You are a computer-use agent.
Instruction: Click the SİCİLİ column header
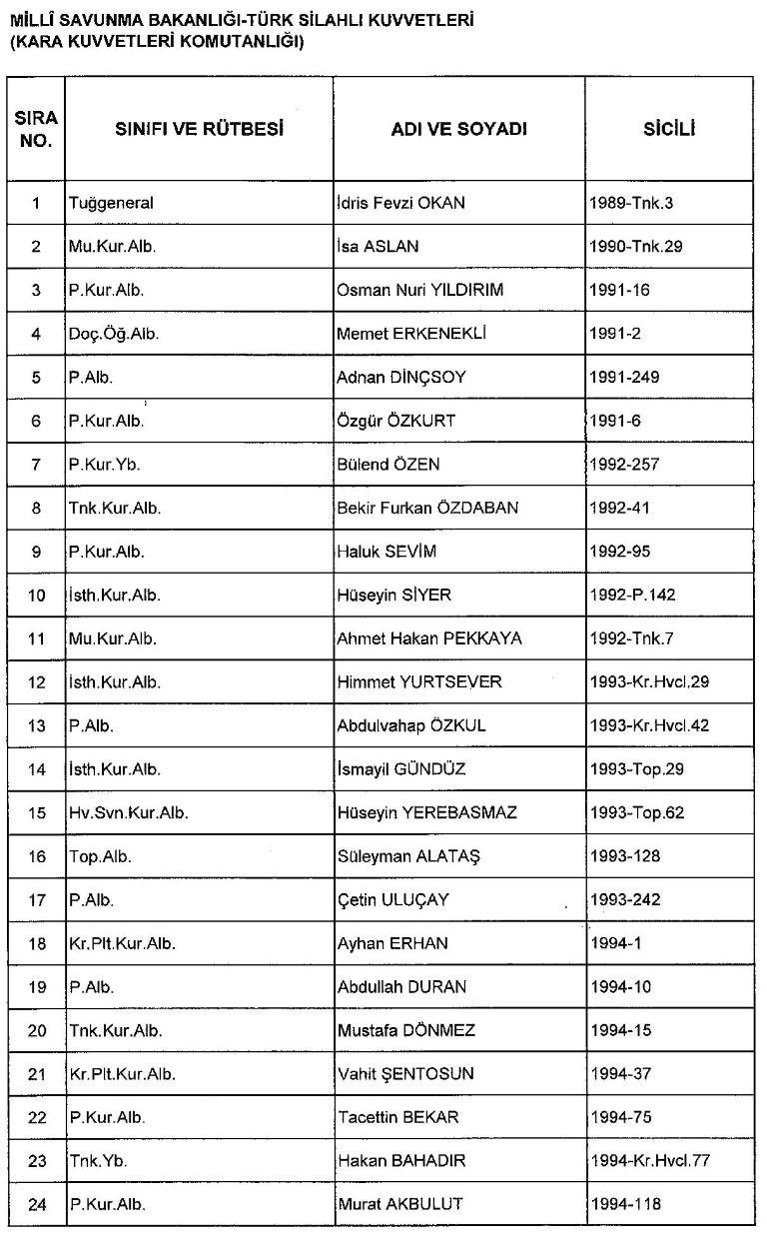click(x=669, y=129)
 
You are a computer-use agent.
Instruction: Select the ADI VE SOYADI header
click(x=458, y=129)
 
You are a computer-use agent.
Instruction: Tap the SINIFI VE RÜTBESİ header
click(x=199, y=129)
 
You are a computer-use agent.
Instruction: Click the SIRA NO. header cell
click(x=36, y=129)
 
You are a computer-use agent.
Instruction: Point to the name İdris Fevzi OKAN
click(x=401, y=203)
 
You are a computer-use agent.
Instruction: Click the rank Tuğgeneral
click(x=111, y=203)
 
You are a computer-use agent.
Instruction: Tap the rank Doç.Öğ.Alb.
click(x=114, y=334)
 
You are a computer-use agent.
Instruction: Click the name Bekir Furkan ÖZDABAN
click(x=427, y=508)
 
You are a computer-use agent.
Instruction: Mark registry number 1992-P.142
click(x=633, y=595)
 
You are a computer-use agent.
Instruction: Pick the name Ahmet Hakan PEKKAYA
click(x=429, y=638)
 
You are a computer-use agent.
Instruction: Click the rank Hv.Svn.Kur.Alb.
click(x=129, y=812)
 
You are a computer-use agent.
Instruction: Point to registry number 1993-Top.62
click(x=637, y=812)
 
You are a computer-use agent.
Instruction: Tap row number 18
click(x=36, y=943)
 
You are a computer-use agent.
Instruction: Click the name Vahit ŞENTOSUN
click(x=405, y=1074)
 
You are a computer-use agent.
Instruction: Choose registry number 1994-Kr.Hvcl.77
click(x=650, y=1161)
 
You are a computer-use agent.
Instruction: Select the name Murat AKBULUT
click(x=399, y=1204)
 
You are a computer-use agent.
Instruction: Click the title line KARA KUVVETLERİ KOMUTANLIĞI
click(x=156, y=43)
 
